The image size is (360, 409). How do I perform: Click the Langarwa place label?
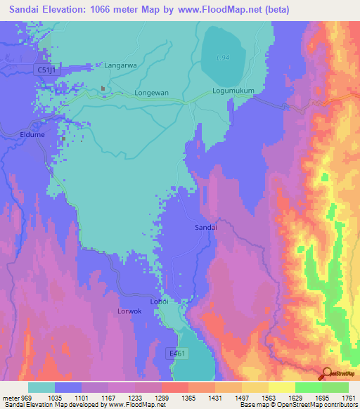119,65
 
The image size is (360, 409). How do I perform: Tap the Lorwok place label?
129,310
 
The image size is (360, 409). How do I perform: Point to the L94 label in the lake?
223,57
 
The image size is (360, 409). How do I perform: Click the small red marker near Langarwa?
103,89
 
